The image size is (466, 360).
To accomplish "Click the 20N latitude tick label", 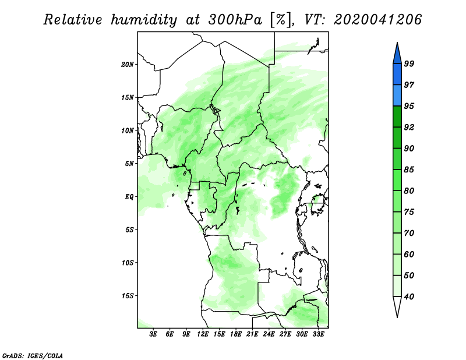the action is (x=128, y=65).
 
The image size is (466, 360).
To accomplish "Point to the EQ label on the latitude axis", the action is (x=129, y=197).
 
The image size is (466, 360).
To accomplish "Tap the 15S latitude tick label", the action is (x=128, y=296).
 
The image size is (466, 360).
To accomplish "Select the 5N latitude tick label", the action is (x=129, y=164).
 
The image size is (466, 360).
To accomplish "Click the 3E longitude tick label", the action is (x=153, y=334).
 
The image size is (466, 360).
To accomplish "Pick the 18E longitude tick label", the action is (x=236, y=334).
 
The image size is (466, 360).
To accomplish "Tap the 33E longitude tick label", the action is (x=318, y=334).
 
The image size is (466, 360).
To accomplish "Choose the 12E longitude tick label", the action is (x=203, y=334).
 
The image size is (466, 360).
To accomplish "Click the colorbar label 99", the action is (x=409, y=63).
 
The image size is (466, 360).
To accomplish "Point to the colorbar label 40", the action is (x=409, y=297).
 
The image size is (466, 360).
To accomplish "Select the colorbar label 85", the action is (x=409, y=170).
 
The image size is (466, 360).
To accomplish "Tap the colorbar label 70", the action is (x=409, y=233).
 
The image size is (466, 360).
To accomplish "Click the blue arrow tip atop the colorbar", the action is (x=397, y=43).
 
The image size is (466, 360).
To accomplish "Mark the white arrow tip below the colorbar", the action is (x=397, y=317).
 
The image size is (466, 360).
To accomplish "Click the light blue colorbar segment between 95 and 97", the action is (x=397, y=96).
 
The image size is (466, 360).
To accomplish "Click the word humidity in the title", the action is (x=144, y=20).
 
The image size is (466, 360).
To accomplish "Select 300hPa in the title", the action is (x=235, y=20).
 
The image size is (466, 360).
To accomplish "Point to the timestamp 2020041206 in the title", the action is (x=377, y=20).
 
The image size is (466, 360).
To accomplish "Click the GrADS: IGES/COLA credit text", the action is (x=33, y=356).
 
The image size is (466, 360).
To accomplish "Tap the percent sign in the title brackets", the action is (x=281, y=20).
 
